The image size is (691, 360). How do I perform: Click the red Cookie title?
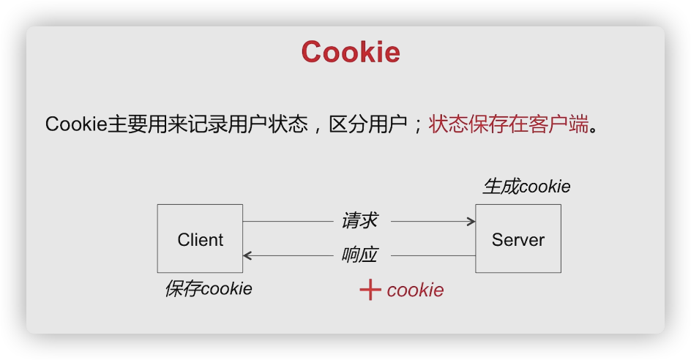point(351,53)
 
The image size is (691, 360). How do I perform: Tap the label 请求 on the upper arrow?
point(359,220)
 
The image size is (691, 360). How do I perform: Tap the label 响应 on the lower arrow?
point(359,255)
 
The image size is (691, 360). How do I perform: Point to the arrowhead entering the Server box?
point(470,220)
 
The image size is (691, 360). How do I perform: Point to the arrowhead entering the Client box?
point(248,255)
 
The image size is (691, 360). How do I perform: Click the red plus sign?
point(370,290)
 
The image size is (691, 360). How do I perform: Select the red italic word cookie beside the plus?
point(415,290)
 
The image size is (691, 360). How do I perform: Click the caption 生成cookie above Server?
point(526,187)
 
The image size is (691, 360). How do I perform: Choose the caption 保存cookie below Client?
point(208,288)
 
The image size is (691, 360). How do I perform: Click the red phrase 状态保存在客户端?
point(509,124)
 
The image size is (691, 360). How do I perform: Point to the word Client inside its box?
point(201,240)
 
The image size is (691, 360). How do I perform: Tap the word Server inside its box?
point(518,240)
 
